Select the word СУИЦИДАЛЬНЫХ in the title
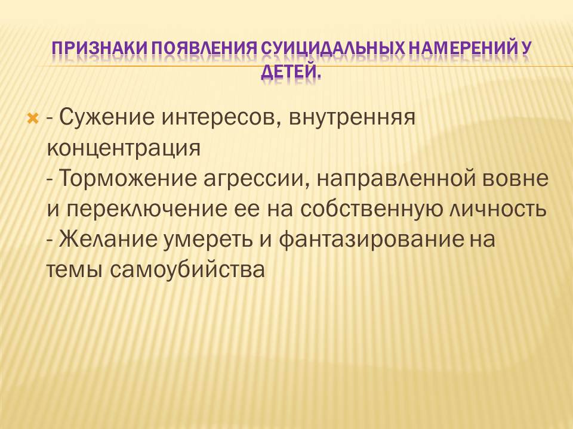(x=333, y=49)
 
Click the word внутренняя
(x=352, y=118)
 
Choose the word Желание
(x=108, y=240)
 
